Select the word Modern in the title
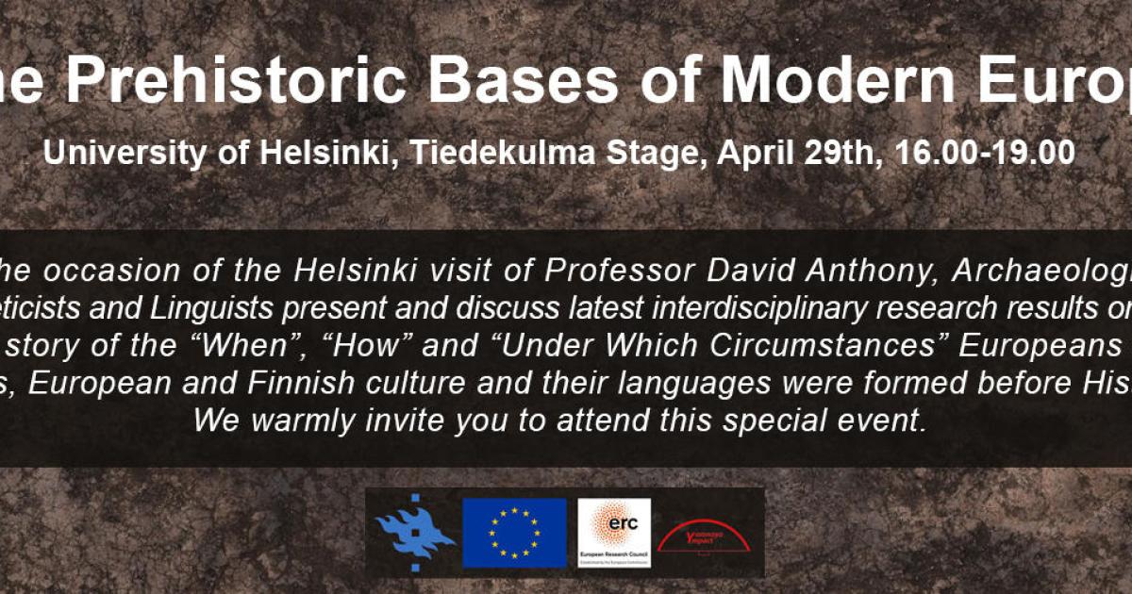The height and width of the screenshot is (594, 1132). [835, 80]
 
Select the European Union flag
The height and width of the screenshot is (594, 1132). [514, 533]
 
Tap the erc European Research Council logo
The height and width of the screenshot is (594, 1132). [614, 533]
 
